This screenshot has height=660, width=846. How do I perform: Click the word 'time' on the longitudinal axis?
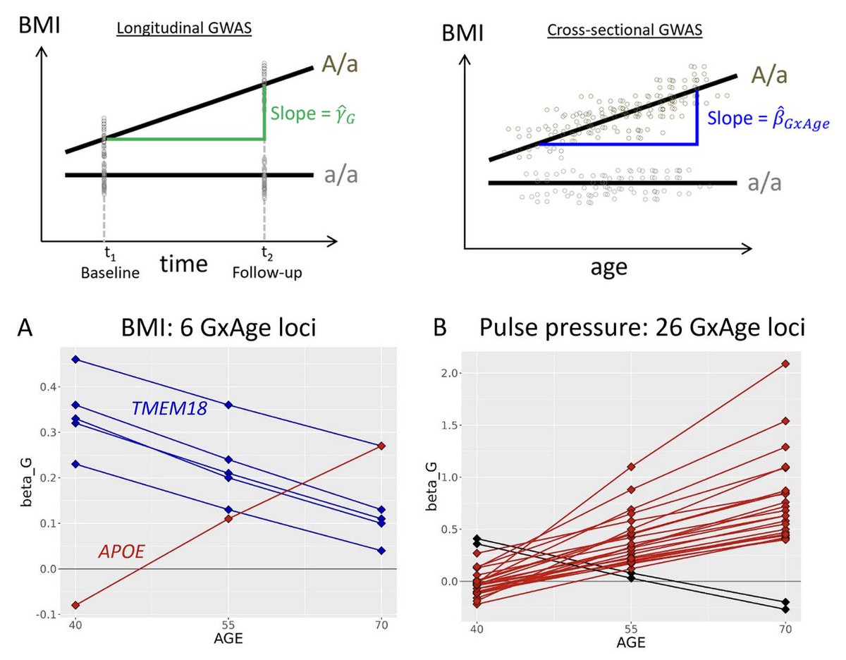[x=184, y=263]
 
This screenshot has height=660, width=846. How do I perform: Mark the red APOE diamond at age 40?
[x=75, y=605]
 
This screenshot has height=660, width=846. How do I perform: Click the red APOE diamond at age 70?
[x=381, y=446]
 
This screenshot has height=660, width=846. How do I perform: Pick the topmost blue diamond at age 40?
[x=75, y=360]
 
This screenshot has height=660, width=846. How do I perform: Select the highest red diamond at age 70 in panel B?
[x=785, y=364]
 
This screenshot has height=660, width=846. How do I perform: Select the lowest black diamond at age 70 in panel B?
[x=785, y=609]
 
